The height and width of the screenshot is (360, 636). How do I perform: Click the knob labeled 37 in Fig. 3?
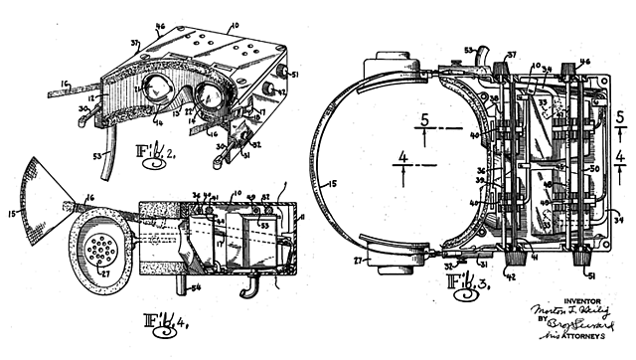[x=500, y=57]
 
